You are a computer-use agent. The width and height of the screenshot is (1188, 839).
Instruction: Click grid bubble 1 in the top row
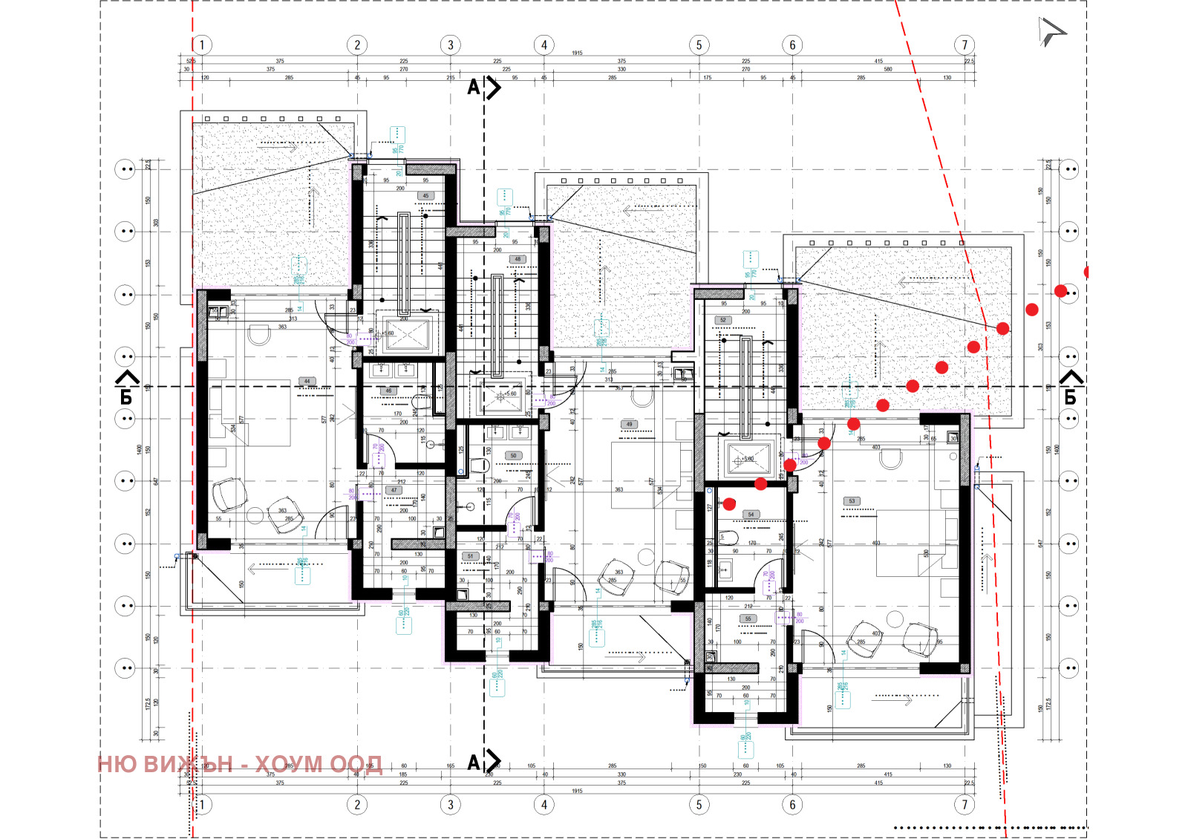pos(201,45)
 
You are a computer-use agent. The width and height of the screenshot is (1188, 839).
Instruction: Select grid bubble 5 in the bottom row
pos(699,804)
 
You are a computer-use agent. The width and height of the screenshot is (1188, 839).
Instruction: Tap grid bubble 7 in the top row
pos(965,45)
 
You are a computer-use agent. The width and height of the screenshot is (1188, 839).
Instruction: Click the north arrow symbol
pos(1051,32)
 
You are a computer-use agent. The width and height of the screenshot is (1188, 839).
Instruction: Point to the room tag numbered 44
pos(307,382)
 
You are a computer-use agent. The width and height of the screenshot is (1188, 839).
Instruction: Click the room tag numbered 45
pos(425,196)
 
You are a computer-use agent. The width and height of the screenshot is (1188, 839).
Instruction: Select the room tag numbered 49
pos(630,425)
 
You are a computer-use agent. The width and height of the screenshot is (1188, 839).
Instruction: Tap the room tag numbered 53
pos(852,501)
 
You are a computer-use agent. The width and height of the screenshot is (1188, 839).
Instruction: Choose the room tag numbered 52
pos(722,321)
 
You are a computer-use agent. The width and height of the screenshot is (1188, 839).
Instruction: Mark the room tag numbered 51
pos(469,556)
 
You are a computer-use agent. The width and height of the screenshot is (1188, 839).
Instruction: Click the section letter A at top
pos(474,88)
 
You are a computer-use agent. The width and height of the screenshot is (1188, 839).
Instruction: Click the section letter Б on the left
pos(126,397)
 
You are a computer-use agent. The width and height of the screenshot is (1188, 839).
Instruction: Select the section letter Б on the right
pos(1070,397)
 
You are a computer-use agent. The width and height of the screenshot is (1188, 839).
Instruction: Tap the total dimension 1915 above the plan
pos(577,53)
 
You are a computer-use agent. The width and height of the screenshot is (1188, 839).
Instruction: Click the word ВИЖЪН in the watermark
pos(187,764)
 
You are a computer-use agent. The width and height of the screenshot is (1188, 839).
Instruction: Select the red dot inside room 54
pos(729,504)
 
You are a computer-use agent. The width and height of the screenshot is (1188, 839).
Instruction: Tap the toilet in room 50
pos(480,466)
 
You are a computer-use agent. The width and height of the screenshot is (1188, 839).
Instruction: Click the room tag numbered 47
pos(394,491)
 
